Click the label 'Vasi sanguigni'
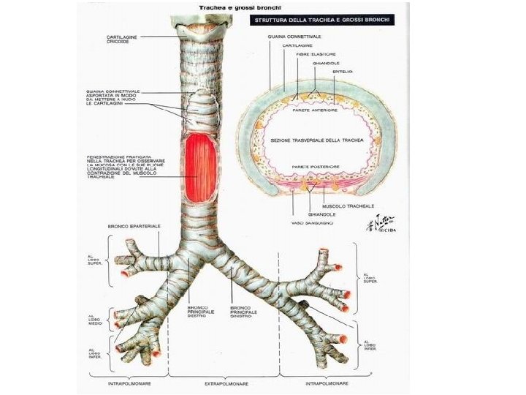(x=312, y=222)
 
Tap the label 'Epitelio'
(x=343, y=72)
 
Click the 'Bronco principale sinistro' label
(x=243, y=312)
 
